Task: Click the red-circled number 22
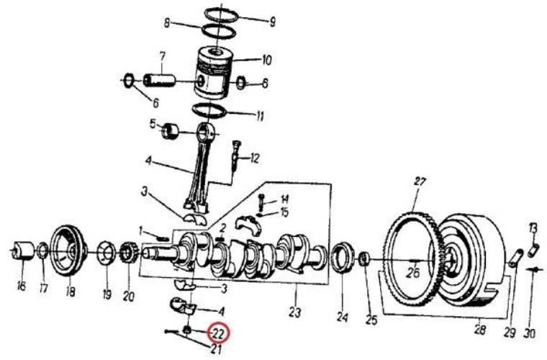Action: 217,334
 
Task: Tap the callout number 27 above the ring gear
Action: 420,181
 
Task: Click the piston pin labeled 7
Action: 159,80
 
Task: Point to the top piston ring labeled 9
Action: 221,15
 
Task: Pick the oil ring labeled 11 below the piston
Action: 210,111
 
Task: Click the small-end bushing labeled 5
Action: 170,131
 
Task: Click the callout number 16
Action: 22,287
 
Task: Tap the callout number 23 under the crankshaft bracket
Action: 295,312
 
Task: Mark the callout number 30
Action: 530,333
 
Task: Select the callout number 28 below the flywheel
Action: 480,329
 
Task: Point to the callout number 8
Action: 167,24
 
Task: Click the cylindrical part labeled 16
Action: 23,251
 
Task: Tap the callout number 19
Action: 107,294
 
